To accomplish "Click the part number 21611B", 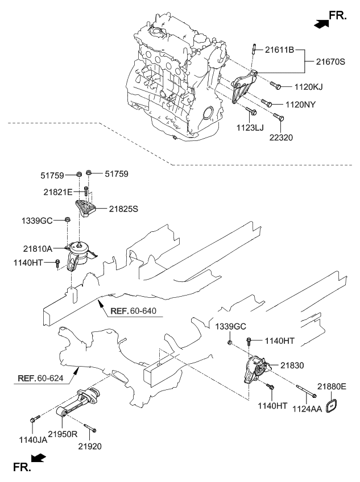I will [279, 50].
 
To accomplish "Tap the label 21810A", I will [38, 248].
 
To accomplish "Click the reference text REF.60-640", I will [133, 311].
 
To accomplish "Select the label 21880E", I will [332, 387].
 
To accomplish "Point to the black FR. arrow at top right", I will [321, 24].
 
